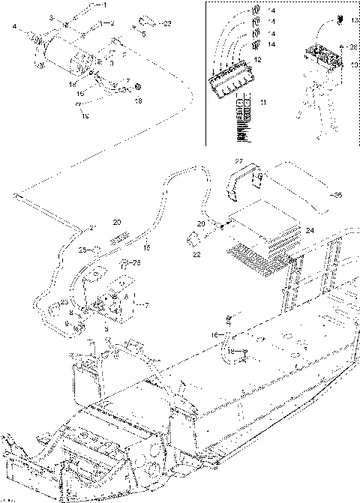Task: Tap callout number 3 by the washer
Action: pos(52,16)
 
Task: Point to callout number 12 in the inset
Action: pos(256,59)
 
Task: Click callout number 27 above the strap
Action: pos(238,162)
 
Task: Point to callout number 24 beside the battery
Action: pos(310,231)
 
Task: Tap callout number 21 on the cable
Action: pos(93,227)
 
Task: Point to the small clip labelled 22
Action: pos(192,239)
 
